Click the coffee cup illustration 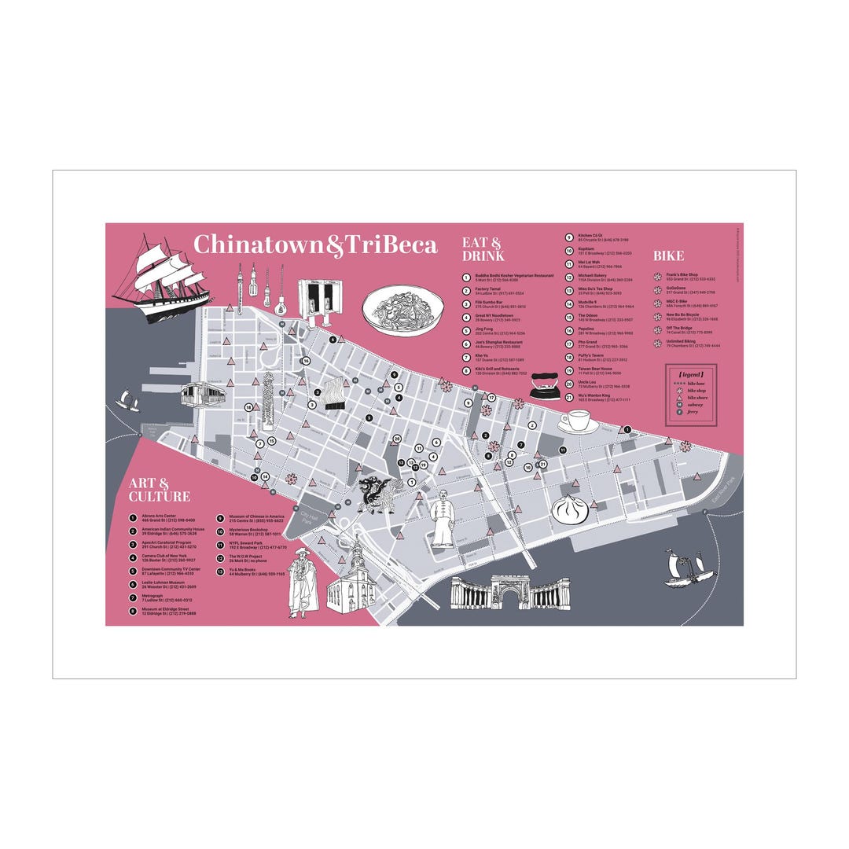[x=579, y=421]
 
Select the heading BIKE [x=668, y=255]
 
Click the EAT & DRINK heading [x=482, y=249]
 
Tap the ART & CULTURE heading [x=160, y=490]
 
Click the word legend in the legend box [x=692, y=374]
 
